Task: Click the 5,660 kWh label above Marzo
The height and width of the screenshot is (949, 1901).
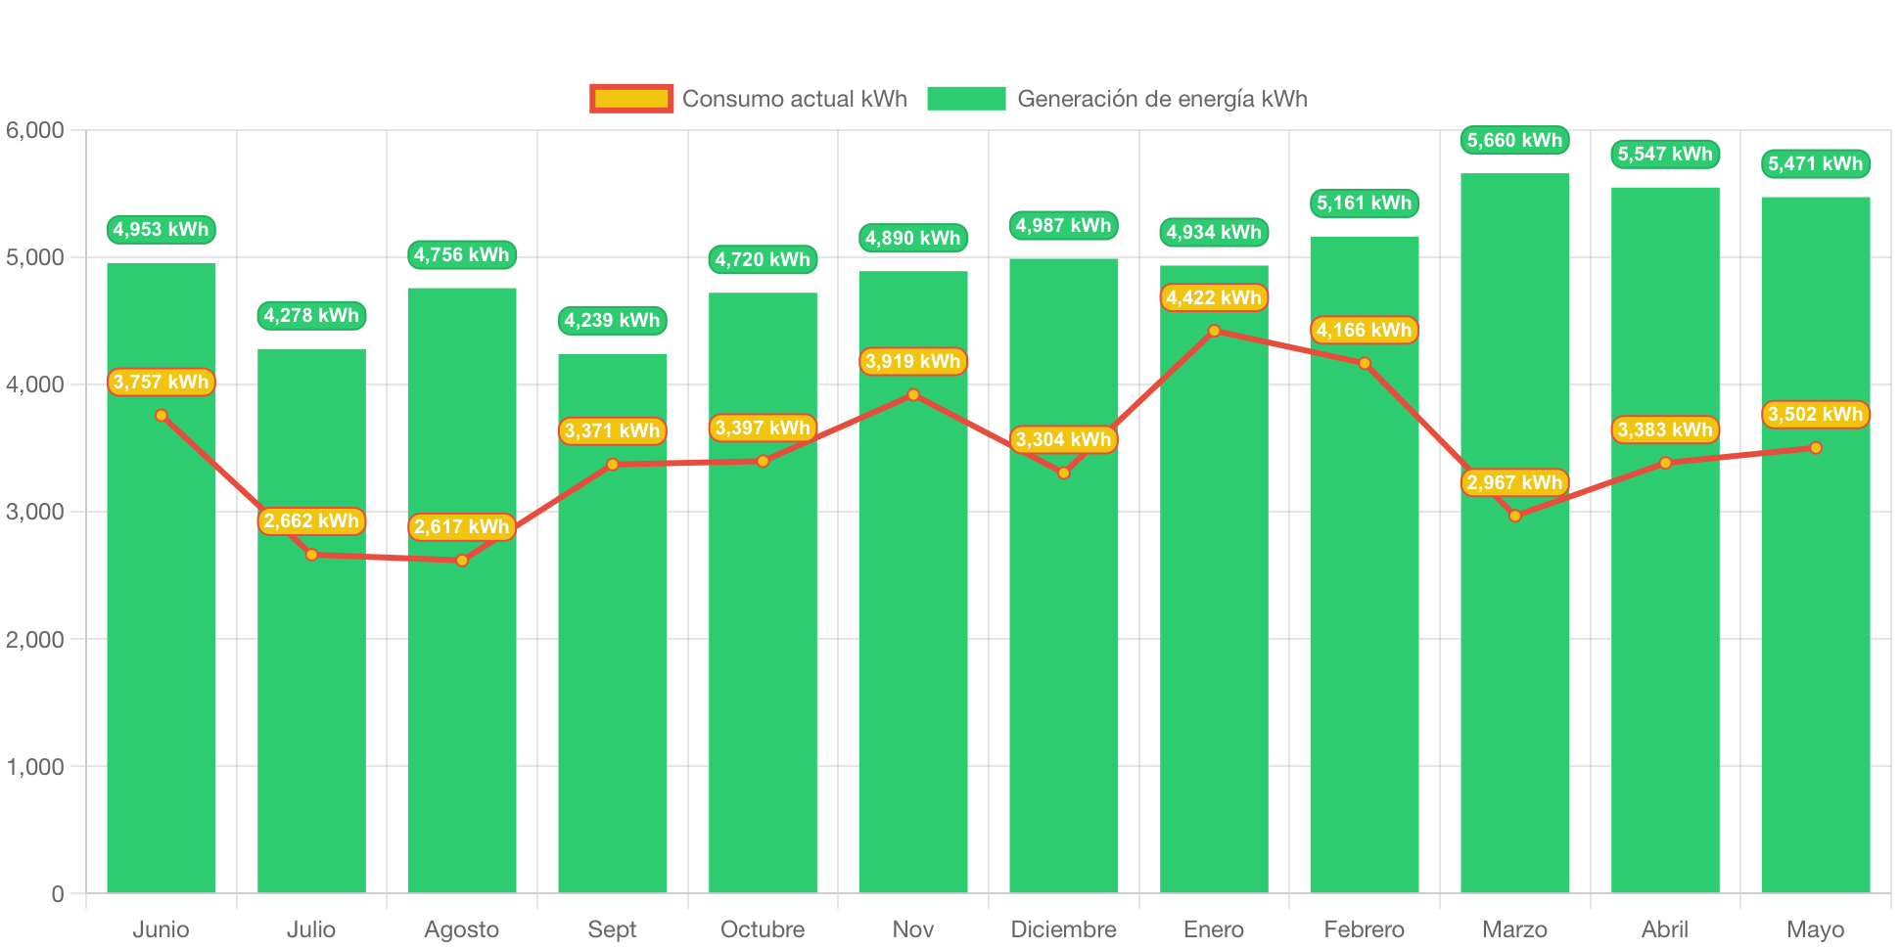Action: tap(1514, 140)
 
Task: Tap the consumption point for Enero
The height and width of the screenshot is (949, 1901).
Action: tap(1214, 331)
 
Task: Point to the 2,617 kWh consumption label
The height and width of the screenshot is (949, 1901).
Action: tap(461, 526)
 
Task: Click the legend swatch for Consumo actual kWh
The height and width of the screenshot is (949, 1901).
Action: tap(631, 99)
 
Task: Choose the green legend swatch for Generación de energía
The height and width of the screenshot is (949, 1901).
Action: tap(966, 99)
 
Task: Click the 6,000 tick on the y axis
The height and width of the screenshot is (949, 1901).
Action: tap(35, 130)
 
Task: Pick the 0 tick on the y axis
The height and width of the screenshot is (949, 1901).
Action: tap(57, 893)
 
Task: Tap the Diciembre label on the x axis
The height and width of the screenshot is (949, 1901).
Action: tap(1063, 928)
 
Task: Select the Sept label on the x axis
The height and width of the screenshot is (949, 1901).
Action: tap(612, 928)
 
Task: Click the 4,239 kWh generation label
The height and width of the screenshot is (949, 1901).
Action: tap(612, 320)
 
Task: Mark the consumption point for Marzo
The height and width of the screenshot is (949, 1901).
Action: tap(1514, 516)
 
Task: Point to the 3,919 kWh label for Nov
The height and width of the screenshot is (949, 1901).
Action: tap(912, 361)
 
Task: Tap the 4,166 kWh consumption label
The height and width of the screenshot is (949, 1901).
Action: tap(1364, 330)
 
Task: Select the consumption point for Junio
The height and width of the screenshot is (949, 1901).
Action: tap(162, 416)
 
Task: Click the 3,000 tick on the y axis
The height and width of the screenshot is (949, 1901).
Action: tap(35, 512)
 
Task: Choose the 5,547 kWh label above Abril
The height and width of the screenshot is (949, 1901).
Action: tap(1664, 154)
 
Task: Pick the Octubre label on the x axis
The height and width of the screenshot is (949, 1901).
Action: tap(763, 928)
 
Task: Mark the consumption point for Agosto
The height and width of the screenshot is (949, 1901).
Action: tap(462, 561)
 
